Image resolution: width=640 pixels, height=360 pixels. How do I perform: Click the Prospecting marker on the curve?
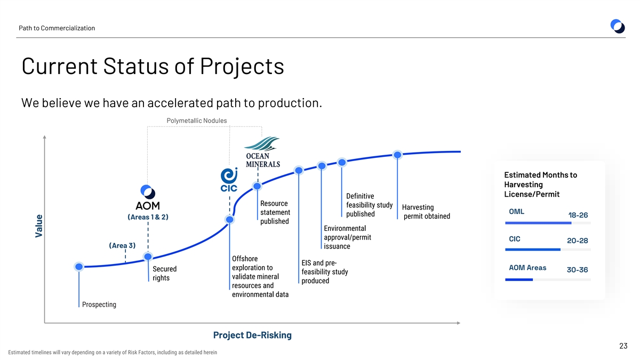coord(79,267)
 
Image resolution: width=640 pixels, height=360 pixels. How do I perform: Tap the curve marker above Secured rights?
coord(148,257)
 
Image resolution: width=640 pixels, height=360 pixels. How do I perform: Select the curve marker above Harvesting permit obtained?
coord(397,155)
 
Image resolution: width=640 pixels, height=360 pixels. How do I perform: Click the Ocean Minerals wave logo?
coord(262,143)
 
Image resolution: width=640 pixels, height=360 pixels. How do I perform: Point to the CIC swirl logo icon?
coord(229,175)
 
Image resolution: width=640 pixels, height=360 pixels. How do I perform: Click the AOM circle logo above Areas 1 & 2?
coord(148,191)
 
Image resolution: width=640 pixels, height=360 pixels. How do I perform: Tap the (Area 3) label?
coord(122,245)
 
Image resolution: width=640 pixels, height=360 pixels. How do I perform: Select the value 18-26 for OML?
coord(578,215)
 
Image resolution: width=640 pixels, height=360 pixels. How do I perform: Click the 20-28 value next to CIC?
coord(578,241)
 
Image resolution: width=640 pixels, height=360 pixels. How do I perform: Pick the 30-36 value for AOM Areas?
coord(577,270)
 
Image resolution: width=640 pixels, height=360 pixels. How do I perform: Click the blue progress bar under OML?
coord(538,223)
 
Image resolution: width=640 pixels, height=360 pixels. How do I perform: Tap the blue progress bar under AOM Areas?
coord(519,279)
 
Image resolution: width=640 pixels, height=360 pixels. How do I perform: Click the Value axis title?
coord(39,226)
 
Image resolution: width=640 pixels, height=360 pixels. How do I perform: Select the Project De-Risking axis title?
coord(252,335)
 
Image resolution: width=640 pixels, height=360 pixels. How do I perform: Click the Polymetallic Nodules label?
coord(197,121)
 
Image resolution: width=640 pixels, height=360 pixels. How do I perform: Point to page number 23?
coord(623,346)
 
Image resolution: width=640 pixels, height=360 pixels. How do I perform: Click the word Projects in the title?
coord(242,66)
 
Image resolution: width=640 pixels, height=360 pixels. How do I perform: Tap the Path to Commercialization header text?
coord(57,28)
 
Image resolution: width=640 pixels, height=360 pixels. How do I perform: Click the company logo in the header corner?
coord(618,26)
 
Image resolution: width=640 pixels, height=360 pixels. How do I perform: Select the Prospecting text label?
coord(99,305)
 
